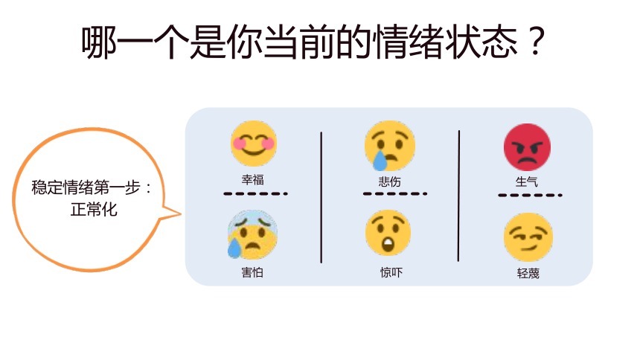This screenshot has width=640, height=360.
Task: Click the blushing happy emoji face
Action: pyautogui.click(x=254, y=144)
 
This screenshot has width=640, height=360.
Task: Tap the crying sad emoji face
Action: pyautogui.click(x=390, y=146)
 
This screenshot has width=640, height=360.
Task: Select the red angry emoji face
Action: pyautogui.click(x=527, y=147)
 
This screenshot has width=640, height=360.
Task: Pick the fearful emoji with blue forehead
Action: pyautogui.click(x=252, y=235)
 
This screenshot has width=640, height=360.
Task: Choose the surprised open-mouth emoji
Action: pyautogui.click(x=388, y=233)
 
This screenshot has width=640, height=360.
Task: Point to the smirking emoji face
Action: pyautogui.click(x=528, y=237)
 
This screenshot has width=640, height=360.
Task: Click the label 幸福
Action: pyautogui.click(x=253, y=179)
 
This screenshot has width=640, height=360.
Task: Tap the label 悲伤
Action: pyautogui.click(x=389, y=181)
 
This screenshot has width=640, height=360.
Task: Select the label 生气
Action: pyautogui.click(x=527, y=181)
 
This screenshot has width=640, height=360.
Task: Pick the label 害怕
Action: pyautogui.click(x=252, y=272)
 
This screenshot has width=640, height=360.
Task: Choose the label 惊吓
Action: pyautogui.click(x=391, y=272)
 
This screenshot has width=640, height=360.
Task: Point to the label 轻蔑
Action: pyautogui.click(x=528, y=273)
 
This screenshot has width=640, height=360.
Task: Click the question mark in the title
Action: pyautogui.click(x=536, y=42)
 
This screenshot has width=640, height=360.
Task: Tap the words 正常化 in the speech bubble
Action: pyautogui.click(x=94, y=210)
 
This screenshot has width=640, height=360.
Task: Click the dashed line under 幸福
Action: pyautogui.click(x=255, y=193)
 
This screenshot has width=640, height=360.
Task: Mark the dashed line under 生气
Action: pyautogui.click(x=530, y=195)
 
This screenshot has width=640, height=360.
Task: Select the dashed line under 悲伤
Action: pyautogui.click(x=395, y=193)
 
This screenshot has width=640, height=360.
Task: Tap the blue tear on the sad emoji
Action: pyautogui.click(x=380, y=161)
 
